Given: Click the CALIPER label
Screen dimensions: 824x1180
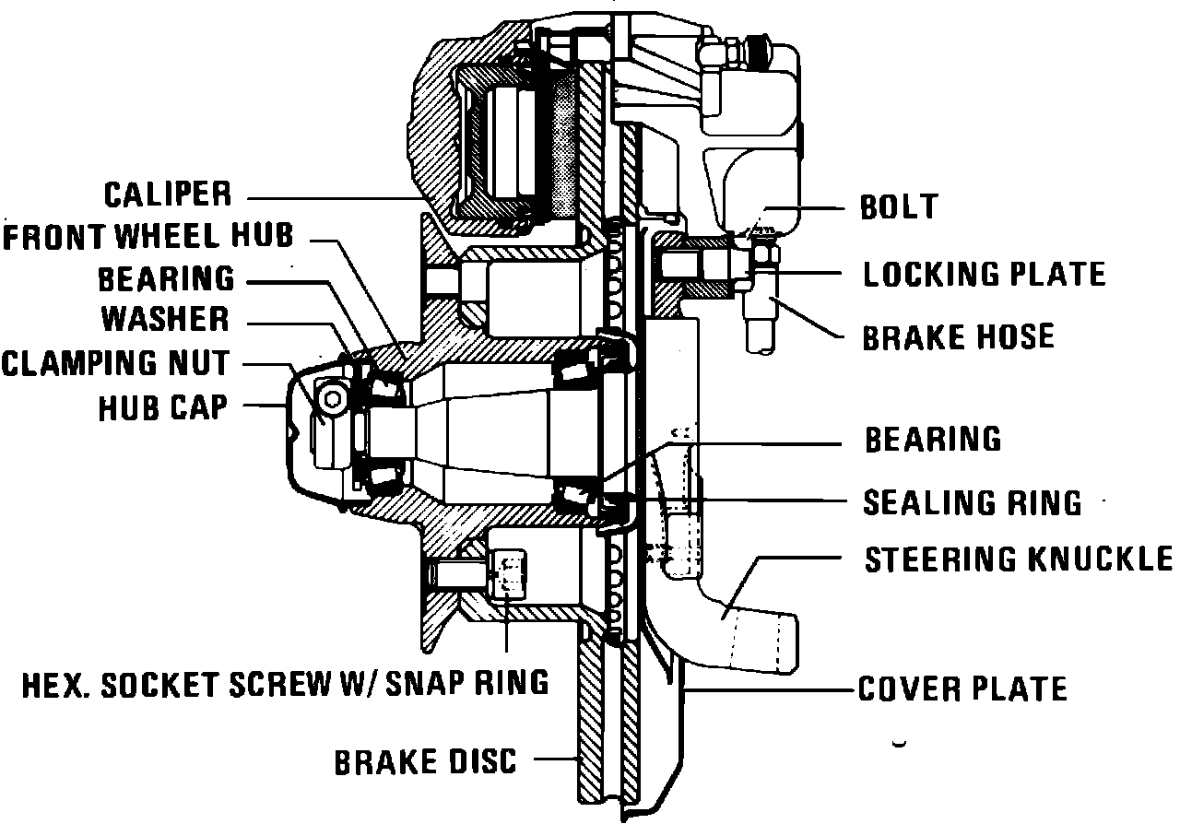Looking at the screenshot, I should pos(166,194).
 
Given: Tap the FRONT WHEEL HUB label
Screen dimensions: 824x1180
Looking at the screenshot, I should pos(147,236).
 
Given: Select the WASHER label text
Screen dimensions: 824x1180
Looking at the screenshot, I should pos(165,319).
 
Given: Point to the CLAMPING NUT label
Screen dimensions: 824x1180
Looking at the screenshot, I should pos(115,363).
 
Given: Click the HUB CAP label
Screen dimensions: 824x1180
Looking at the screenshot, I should pos(162,407).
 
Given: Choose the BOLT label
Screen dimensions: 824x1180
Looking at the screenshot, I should pos(898,207).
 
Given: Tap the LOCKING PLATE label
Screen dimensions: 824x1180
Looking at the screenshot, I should pos(984,274).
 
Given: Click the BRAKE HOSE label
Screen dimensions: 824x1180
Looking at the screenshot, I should pos(958,336).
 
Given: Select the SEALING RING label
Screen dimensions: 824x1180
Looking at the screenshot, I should pos(972,502).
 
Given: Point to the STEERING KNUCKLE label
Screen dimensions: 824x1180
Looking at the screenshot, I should pos(1018,559).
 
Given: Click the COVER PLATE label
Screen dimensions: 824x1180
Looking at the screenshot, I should pos(962,689).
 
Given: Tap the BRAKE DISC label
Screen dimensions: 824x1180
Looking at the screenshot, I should pos(425,762).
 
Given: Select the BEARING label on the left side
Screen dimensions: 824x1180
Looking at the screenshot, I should pos(166,277).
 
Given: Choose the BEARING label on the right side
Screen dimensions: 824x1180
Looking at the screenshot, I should pos(932,440).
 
